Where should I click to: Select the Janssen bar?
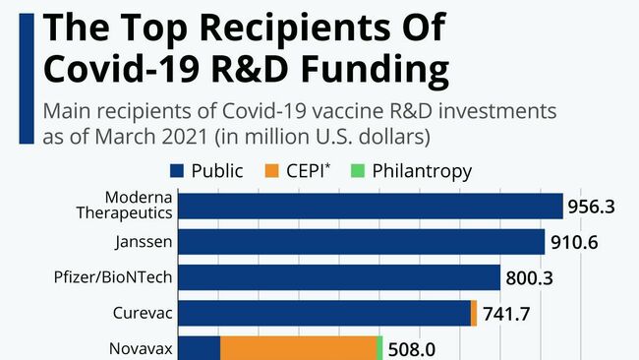363,242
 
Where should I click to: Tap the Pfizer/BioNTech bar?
341,277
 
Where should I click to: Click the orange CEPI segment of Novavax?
297,348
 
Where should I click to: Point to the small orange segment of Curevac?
474,313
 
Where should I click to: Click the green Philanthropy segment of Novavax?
378,348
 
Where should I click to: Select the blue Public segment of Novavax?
201,348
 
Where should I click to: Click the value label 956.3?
595,208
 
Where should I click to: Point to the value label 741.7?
509,314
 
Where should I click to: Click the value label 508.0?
413,349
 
